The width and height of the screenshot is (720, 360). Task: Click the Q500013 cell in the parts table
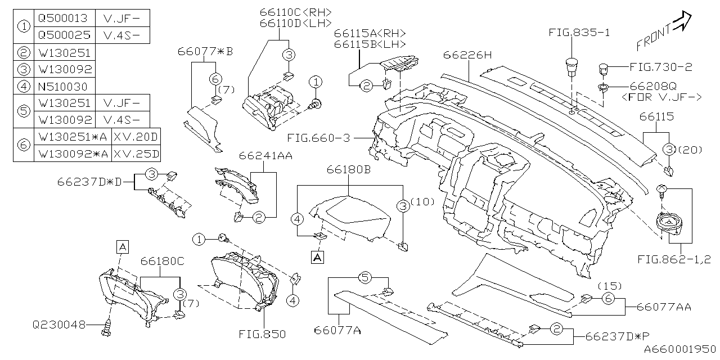click(x=64, y=17)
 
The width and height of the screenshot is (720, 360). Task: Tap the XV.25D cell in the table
click(x=136, y=153)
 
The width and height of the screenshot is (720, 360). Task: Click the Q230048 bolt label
click(x=59, y=325)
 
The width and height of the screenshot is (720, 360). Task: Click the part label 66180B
click(x=348, y=169)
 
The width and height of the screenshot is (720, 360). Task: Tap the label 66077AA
click(x=664, y=307)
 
